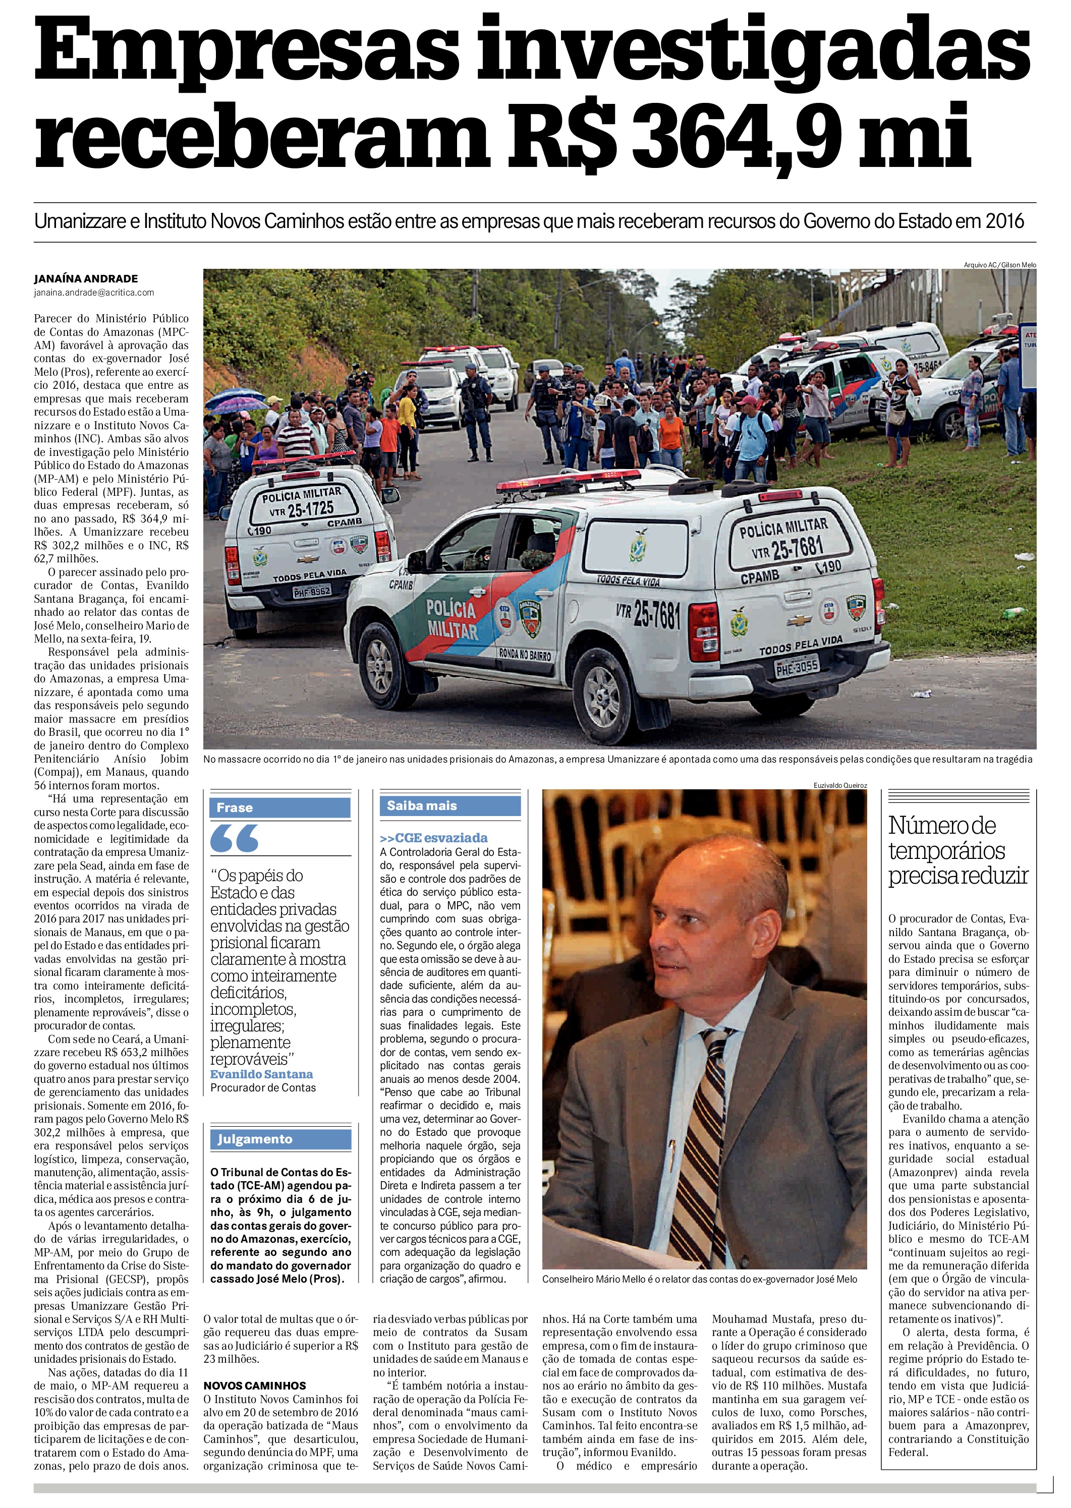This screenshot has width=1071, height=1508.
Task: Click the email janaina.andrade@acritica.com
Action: click(94, 292)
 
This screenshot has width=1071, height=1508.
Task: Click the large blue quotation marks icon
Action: click(235, 839)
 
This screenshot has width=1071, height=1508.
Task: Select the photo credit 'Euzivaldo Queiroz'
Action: click(840, 785)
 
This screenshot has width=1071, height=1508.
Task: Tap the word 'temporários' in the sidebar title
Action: click(946, 851)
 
